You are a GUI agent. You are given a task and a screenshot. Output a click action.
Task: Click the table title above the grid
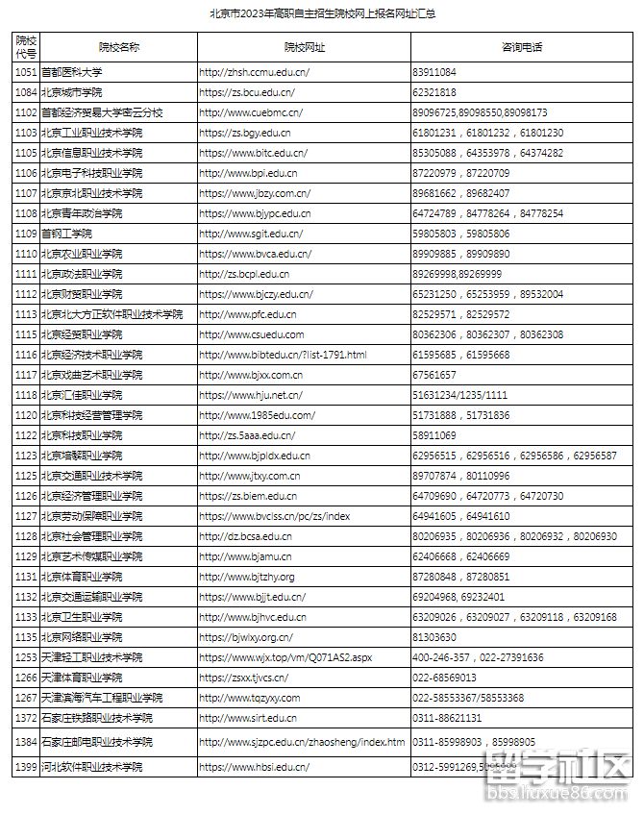coord(321,16)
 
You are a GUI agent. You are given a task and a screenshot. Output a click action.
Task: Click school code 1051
coord(26,72)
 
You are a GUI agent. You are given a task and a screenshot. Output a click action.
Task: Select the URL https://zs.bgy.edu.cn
coord(244,133)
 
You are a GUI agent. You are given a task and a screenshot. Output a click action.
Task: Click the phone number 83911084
coord(433,72)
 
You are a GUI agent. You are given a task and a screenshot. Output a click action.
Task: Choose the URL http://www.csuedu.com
coord(251,334)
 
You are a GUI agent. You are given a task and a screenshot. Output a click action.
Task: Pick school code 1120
coord(26,415)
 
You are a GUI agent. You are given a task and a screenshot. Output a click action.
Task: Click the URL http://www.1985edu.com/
coord(257,415)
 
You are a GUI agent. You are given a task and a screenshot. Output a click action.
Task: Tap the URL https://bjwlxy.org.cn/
coord(245,637)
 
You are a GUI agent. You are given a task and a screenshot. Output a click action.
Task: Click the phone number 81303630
coord(433,637)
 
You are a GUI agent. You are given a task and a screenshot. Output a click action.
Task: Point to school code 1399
coord(26,767)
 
